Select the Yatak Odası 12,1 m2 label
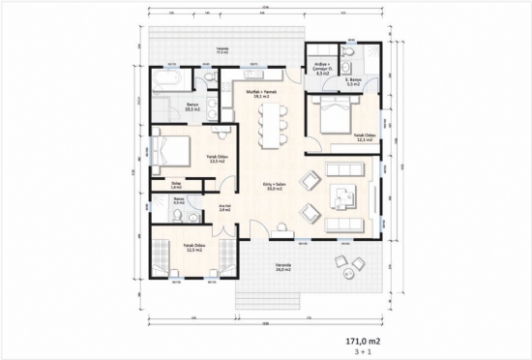[364, 137]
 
